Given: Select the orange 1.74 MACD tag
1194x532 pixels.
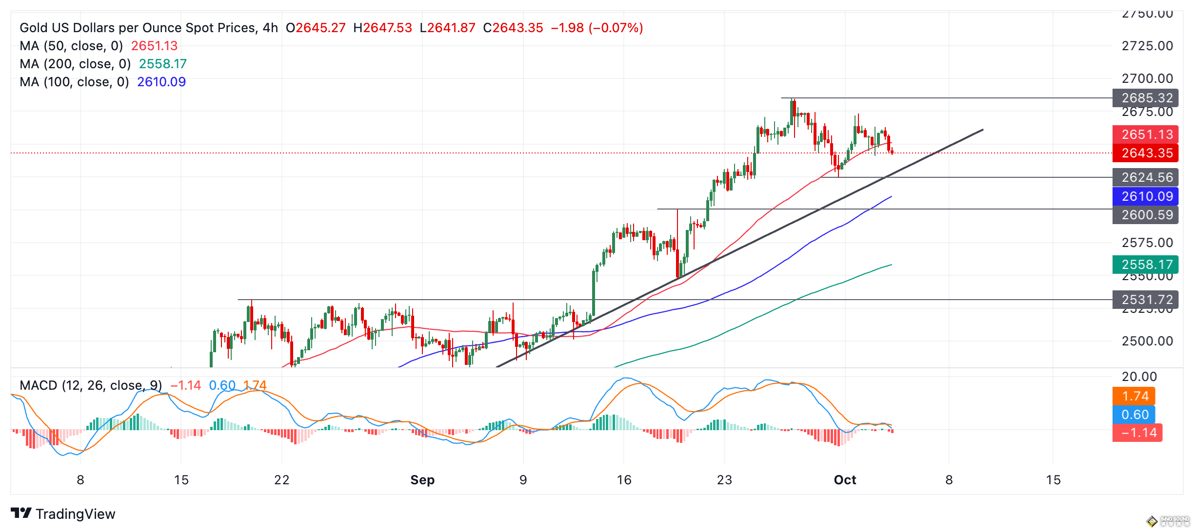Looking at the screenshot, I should [1134, 396].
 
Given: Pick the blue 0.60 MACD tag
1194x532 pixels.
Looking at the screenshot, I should [1134, 415].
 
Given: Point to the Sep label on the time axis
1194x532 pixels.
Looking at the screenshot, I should [422, 480].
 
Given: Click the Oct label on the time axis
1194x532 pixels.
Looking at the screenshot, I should [845, 480].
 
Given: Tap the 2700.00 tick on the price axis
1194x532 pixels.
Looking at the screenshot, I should [1147, 78].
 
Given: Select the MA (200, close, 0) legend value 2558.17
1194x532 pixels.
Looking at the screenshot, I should [163, 64].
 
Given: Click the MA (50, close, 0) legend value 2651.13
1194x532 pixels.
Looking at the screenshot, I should [154, 46].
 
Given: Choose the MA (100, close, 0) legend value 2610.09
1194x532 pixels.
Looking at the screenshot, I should [161, 82].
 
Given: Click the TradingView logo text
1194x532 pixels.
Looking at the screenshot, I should [75, 514].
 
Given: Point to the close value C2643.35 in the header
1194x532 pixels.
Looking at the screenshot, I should [513, 28].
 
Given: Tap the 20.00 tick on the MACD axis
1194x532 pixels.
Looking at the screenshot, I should [1139, 377].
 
